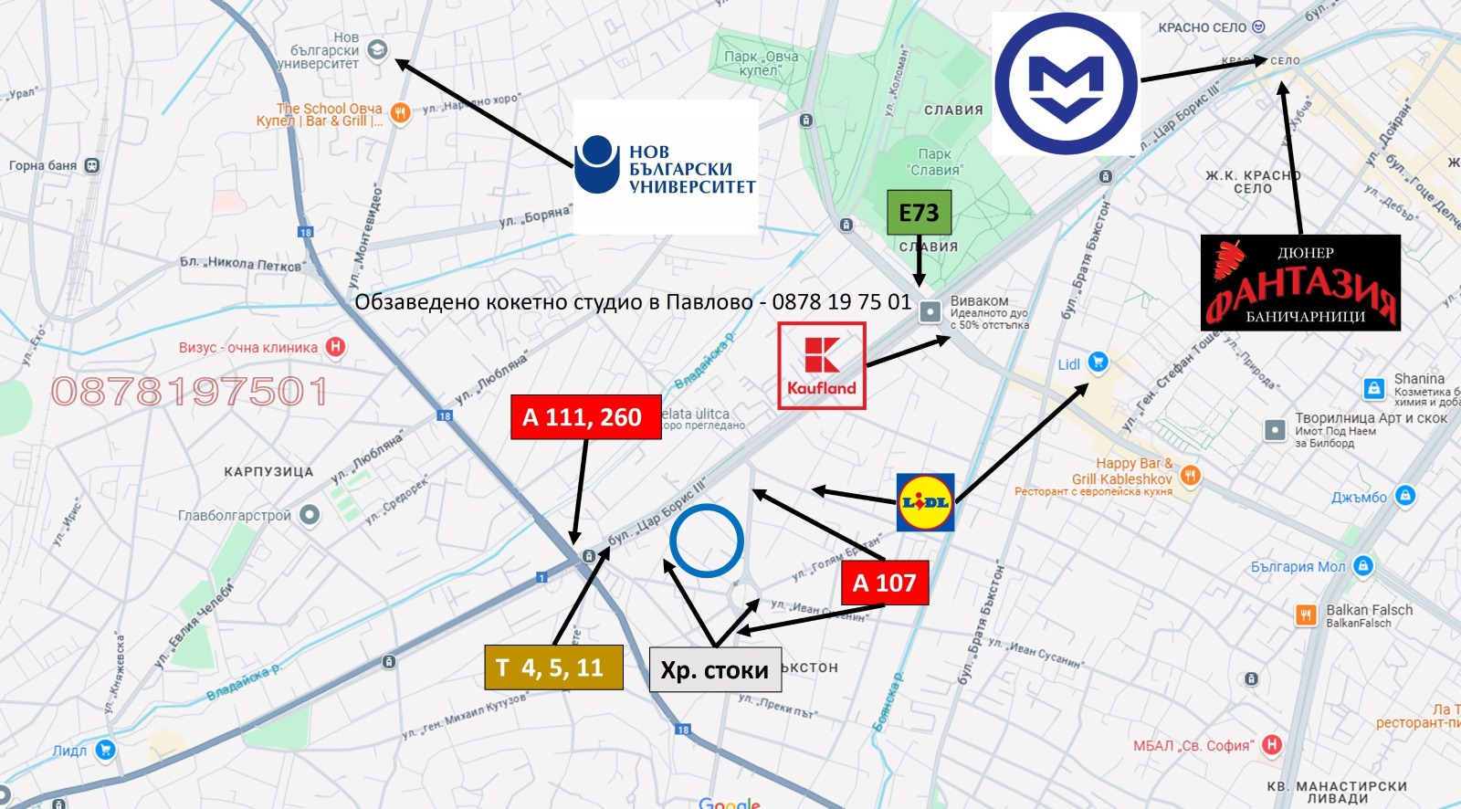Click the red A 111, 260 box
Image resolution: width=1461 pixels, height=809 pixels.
(x=585, y=417)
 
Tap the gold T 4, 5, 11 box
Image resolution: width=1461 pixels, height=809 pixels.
(x=554, y=667)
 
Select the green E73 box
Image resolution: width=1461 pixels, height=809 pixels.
(x=919, y=213)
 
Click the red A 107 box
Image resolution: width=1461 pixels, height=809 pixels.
(x=884, y=583)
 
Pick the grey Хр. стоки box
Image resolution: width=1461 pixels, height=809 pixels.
(x=715, y=669)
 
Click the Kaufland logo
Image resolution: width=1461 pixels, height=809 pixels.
(x=821, y=365)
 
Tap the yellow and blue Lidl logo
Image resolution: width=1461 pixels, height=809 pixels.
(x=925, y=502)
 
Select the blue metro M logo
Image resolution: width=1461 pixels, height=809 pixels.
(x=1066, y=83)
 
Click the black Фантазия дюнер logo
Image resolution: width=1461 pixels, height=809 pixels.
(x=1299, y=282)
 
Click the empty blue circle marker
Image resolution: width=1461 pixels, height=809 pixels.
(x=706, y=541)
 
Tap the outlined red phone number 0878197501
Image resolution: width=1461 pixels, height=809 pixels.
(x=189, y=392)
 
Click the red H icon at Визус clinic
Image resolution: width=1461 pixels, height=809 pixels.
(x=336, y=347)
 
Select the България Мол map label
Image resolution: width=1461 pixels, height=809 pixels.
(x=1298, y=567)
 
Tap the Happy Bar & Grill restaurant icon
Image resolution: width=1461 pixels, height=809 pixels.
(x=1190, y=475)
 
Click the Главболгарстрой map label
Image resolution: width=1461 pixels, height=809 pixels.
(x=235, y=516)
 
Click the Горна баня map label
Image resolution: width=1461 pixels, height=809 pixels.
(x=43, y=165)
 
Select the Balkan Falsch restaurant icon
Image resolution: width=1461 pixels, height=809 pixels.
(x=1306, y=615)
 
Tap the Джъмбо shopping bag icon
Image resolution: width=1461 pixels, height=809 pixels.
(x=1405, y=496)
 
